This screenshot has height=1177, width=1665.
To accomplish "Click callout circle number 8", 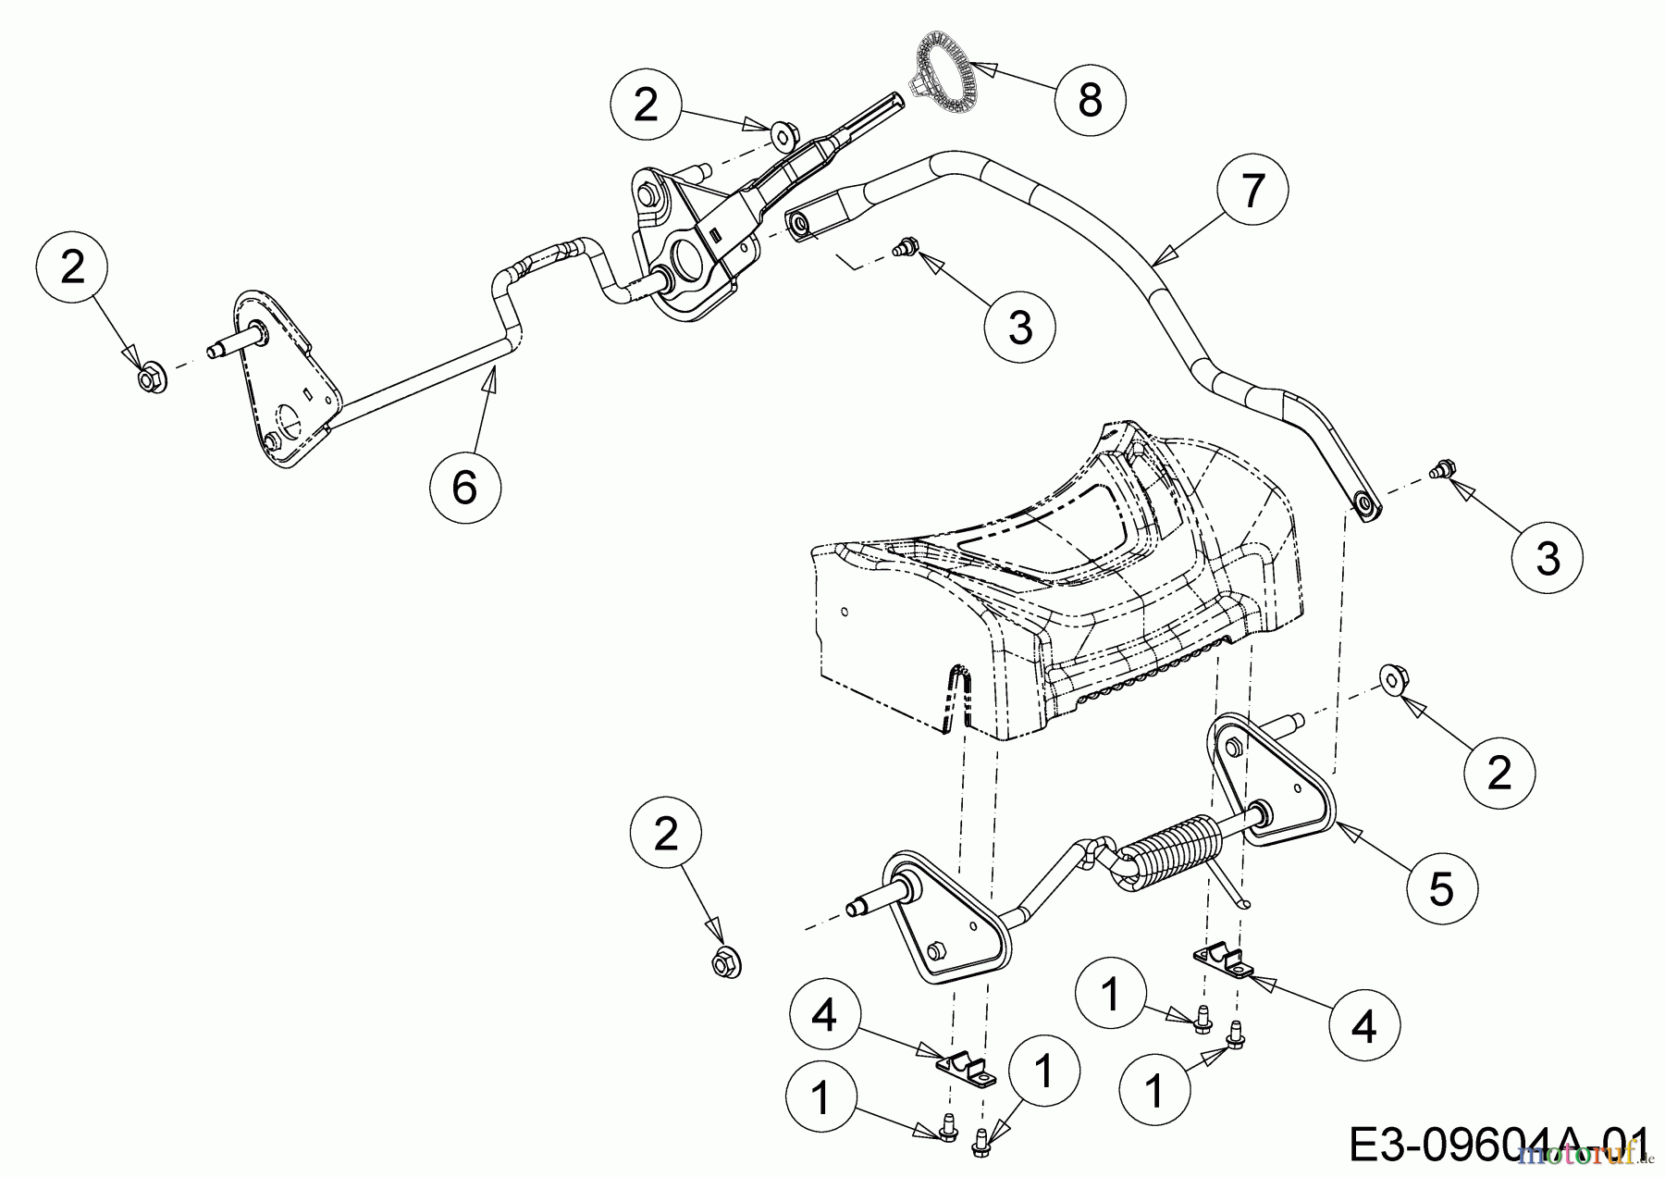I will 1091,98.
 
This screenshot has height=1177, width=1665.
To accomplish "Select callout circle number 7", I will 1252,191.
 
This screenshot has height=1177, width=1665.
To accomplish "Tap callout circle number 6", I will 464,487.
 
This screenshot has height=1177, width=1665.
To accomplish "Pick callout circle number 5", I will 1441,889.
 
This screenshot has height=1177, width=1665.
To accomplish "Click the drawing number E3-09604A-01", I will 1498,1146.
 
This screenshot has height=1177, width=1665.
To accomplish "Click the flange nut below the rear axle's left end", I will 727,963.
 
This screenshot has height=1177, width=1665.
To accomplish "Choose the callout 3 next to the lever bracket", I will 1020,327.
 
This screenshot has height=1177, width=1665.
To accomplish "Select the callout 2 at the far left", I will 72,268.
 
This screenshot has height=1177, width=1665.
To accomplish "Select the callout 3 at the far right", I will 1548,558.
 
